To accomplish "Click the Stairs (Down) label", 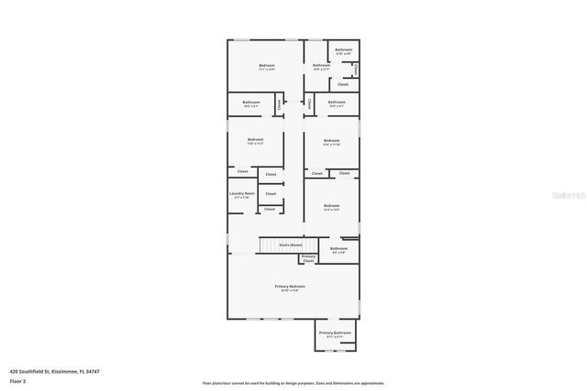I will click(290, 245).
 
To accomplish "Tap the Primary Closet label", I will click(308, 258).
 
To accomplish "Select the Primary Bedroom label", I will click(290, 287).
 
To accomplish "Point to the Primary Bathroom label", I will click(335, 332).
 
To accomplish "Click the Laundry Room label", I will click(242, 194).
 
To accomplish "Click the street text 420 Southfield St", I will click(31, 370).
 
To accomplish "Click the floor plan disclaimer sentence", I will click(293, 383).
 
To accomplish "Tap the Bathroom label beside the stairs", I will click(339, 248).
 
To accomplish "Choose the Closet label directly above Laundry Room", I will click(242, 171).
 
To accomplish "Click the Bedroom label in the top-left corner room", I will click(267, 65).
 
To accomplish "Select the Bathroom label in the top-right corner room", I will click(344, 49).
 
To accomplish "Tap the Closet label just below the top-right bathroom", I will click(342, 84).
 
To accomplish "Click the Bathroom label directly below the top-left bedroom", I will click(251, 102).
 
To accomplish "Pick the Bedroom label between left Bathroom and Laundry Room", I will click(255, 139).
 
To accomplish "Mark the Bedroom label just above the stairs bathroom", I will click(331, 206).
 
